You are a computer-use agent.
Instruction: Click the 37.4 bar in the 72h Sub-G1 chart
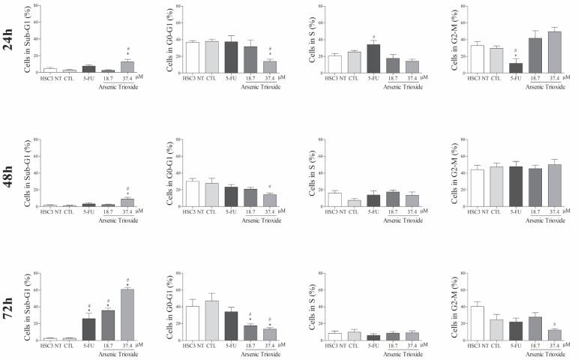(127, 315)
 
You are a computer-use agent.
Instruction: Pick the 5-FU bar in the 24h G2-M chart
(516, 67)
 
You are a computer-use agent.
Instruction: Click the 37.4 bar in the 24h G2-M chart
(555, 52)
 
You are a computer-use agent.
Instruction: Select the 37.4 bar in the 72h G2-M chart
(555, 335)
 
